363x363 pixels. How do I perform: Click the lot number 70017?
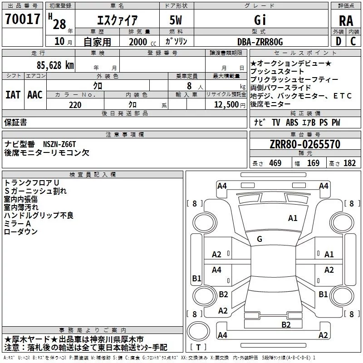pos(22,19)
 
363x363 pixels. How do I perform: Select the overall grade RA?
pos(346,21)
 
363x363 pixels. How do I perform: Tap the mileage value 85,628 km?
pos(55,65)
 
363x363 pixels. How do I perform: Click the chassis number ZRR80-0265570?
pos(305,144)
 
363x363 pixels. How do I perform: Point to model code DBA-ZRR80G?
pos(260,42)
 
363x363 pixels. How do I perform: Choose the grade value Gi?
pos(260,20)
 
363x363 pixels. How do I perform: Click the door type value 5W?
pos(176,20)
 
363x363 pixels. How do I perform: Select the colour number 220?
pos(75,105)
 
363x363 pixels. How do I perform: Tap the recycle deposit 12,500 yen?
pos(230,105)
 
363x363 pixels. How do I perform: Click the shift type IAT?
pos(13,95)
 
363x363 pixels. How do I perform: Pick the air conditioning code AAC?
pos(35,95)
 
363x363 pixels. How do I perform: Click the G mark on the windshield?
pos(260,239)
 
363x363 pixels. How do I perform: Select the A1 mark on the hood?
pos(293,218)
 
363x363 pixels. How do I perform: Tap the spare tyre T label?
pos(198,347)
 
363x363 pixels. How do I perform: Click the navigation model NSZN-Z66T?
pos(59,144)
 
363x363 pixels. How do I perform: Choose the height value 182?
pos(349,163)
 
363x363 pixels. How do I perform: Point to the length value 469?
pos(275,163)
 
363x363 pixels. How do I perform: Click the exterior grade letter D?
pos(338,41)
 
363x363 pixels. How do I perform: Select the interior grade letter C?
pos(353,41)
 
